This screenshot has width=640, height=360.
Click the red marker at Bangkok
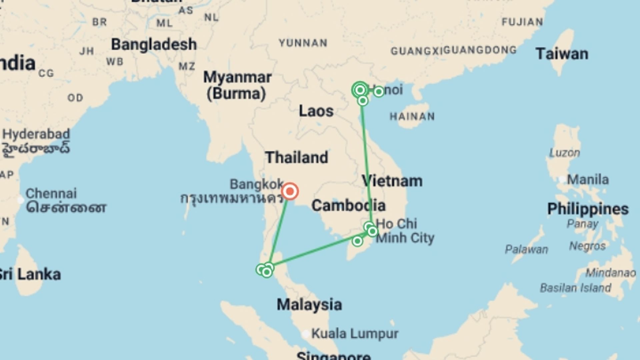point(290,191)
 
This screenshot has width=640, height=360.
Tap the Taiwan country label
point(562,54)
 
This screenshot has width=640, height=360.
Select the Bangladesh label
point(154,44)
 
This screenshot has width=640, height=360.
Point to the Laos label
point(316,111)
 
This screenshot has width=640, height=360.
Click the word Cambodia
point(348,205)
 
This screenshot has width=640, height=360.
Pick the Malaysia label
point(309,304)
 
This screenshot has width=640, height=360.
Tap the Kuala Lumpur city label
point(355,333)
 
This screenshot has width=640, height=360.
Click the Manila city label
point(588,179)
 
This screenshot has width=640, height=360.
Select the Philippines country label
point(588,209)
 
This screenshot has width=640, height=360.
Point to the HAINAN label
point(412,116)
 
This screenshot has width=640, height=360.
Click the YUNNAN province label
point(303,43)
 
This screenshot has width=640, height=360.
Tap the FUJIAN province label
point(522,22)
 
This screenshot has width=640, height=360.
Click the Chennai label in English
point(51,193)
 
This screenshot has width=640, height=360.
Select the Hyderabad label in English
point(36,134)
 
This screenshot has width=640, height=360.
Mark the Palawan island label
point(526,249)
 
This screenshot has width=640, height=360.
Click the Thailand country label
point(297,157)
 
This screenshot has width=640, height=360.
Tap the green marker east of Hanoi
point(379,91)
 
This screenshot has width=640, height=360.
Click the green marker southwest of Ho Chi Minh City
point(357,241)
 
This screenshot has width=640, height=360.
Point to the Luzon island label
point(564,153)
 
